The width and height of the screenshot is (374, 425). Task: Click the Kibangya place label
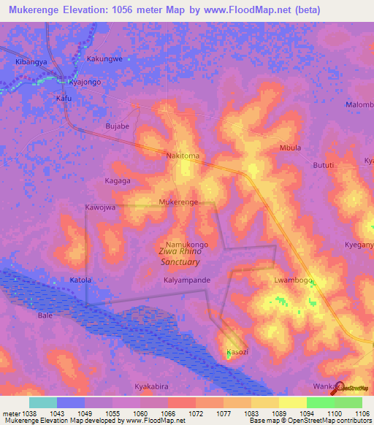31,63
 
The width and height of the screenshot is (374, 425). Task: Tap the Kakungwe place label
104,58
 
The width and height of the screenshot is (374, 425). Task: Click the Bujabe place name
118,126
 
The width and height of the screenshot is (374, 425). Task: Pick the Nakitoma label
183,156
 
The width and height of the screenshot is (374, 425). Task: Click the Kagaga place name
117,180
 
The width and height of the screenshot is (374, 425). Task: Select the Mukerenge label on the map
178,202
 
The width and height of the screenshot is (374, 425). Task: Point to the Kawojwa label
100,207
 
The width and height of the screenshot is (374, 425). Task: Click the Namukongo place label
188,245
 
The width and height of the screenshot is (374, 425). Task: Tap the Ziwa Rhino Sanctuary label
179,256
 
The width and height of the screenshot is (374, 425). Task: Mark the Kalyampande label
187,280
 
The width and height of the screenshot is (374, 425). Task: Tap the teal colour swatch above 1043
43,402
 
